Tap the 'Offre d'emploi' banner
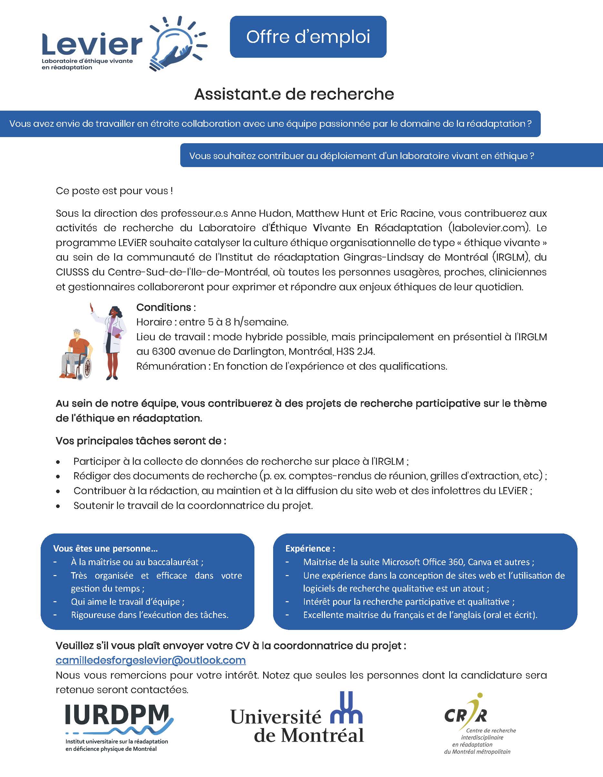tap(308, 37)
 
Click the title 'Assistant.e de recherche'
tap(294, 94)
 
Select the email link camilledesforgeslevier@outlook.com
tap(151, 660)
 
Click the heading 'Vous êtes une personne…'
tap(105, 548)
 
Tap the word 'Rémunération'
tap(171, 366)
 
